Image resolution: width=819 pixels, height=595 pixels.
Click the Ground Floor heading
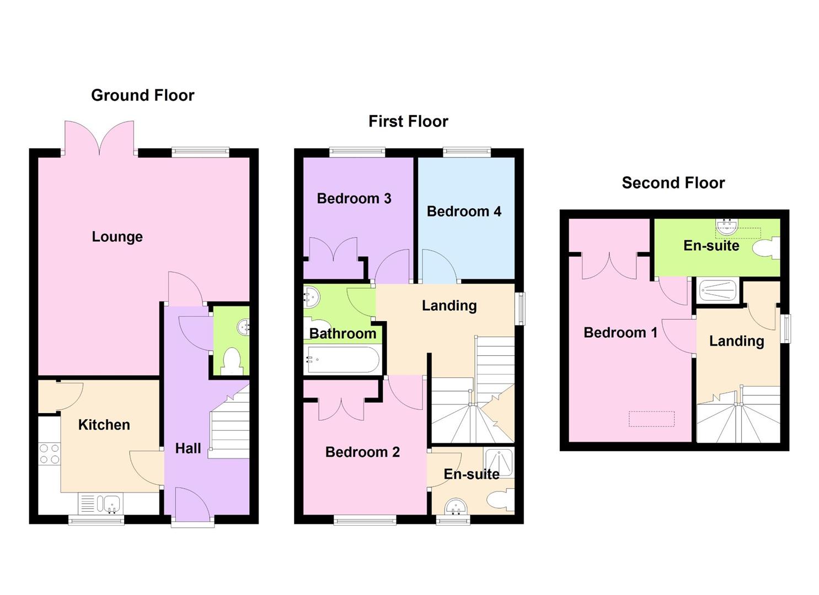142,95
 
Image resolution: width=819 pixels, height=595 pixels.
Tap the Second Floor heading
673,183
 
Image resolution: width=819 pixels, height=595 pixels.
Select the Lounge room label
117,237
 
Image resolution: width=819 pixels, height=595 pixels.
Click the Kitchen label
104,425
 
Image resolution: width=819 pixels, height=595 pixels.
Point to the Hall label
188,448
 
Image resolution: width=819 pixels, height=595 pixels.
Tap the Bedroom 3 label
354,198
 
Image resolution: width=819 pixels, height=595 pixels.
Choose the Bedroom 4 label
463,212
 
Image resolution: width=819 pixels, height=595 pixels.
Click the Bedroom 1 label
620,333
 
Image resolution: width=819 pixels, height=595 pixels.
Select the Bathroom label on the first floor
342,333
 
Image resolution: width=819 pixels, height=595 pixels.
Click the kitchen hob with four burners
49,454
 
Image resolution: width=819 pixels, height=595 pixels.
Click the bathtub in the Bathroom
342,360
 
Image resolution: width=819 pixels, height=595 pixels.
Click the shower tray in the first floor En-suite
499,462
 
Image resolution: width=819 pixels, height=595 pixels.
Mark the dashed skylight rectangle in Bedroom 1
651,419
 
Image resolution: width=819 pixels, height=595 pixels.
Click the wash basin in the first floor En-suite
456,506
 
